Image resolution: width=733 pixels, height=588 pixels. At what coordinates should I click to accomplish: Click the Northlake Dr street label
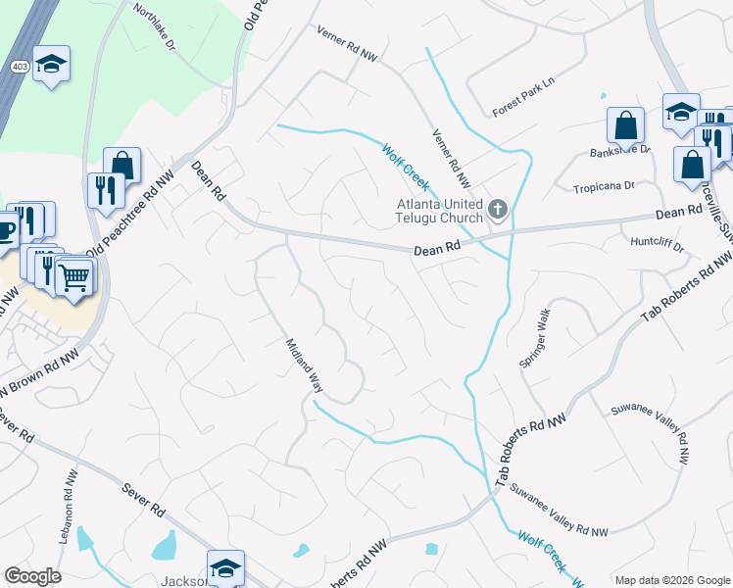(154, 26)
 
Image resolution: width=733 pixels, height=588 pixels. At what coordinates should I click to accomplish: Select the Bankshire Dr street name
(620, 151)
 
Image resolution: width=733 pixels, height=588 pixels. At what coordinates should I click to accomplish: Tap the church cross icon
(498, 209)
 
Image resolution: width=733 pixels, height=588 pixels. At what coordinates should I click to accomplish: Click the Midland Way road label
(304, 365)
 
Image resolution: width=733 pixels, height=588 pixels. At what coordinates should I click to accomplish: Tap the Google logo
(32, 576)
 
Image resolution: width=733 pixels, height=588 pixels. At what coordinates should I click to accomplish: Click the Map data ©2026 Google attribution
(671, 580)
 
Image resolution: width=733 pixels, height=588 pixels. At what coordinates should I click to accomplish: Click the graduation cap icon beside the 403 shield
(52, 65)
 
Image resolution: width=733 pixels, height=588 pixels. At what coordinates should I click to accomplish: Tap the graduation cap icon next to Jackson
(225, 567)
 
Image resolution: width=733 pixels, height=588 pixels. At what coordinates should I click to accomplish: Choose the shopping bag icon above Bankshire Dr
(625, 125)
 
